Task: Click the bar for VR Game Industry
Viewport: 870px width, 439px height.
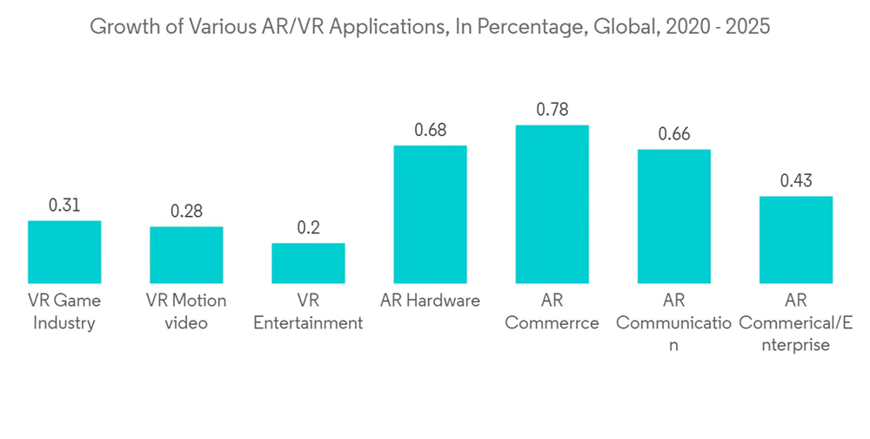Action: coord(64,252)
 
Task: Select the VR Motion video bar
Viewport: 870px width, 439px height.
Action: coord(186,254)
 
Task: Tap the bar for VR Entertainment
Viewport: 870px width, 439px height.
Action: coord(308,263)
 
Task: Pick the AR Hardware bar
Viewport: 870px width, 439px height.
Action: coord(430,214)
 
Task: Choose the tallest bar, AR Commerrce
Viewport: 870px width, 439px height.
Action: coord(552,204)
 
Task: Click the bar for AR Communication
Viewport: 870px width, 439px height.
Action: coord(673,216)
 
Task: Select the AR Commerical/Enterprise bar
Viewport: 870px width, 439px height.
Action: coord(795,240)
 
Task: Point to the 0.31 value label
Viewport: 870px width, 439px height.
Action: coord(64,206)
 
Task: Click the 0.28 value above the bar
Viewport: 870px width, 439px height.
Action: coord(186,213)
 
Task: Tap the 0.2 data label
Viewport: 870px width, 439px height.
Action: coord(308,228)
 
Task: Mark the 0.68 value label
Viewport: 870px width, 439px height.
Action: coord(430,132)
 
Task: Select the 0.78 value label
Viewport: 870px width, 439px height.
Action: coord(552,111)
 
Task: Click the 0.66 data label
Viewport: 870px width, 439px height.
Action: coord(673,135)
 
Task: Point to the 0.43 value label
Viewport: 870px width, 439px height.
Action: coord(795,182)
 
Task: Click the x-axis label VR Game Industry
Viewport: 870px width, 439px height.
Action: coord(64,312)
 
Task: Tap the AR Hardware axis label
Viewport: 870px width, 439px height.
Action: coord(430,301)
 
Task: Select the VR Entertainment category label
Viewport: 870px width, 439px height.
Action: coord(308,312)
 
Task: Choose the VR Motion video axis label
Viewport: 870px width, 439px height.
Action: coord(186,312)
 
